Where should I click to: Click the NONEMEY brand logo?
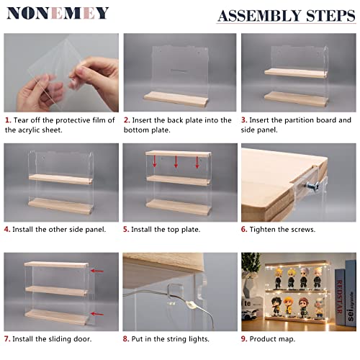(x=57, y=13)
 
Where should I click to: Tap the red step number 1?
(x=7, y=120)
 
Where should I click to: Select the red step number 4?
(x=7, y=229)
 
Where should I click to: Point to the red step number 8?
(x=126, y=338)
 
